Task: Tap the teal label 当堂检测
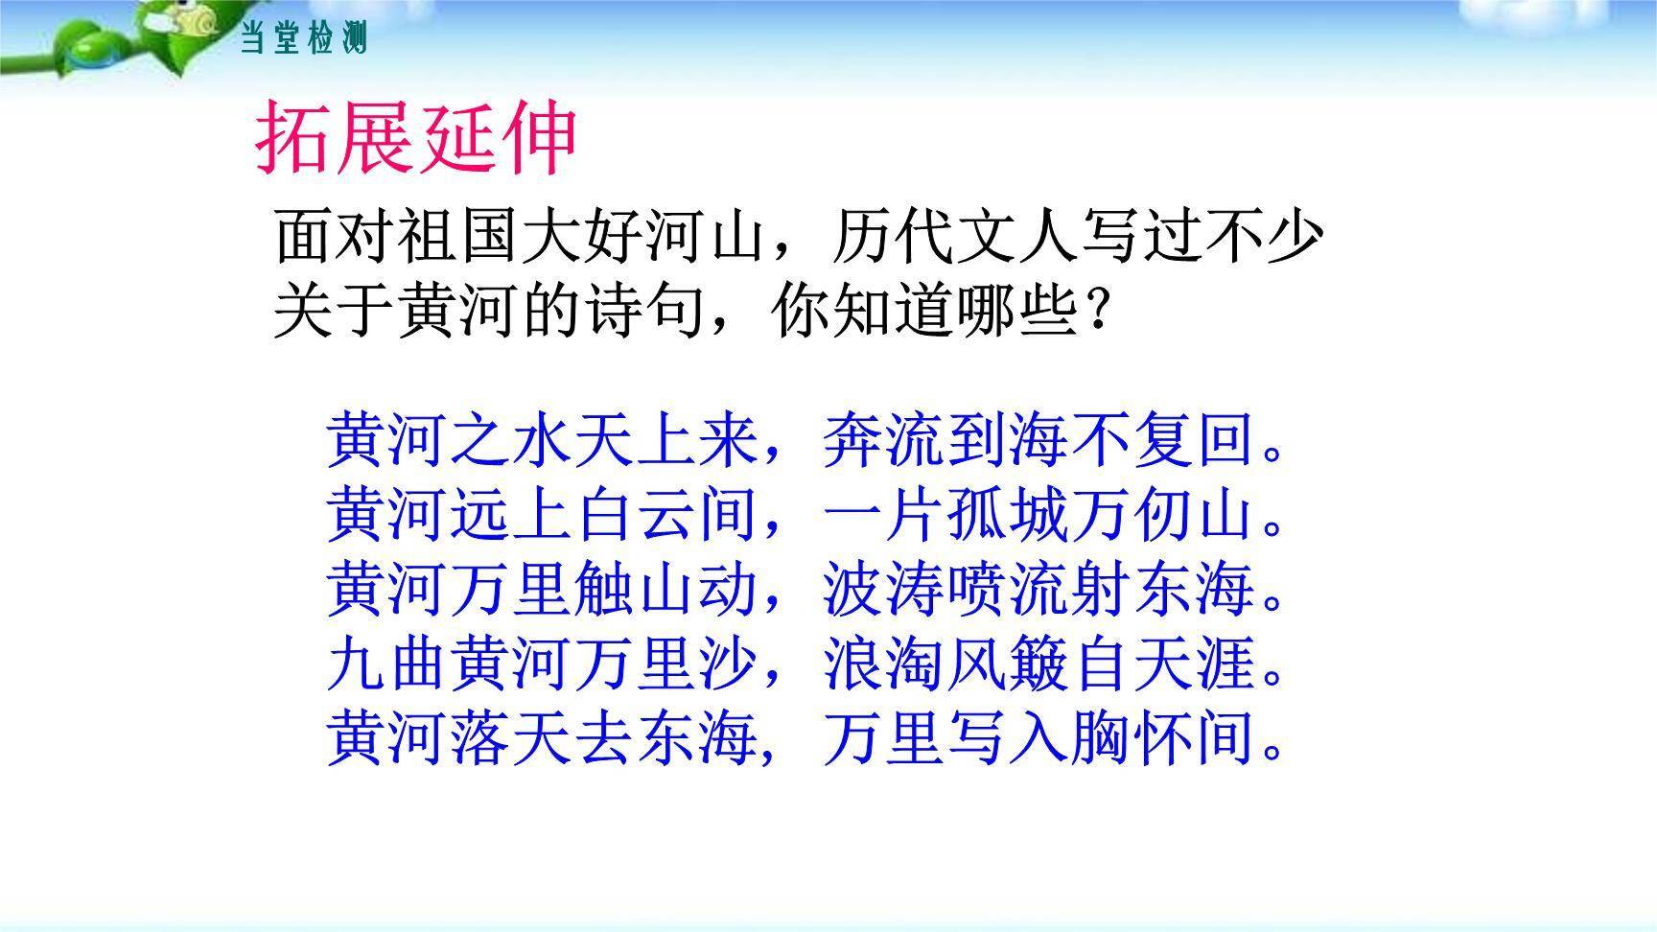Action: point(303,39)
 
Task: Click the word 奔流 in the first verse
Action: point(883,442)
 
